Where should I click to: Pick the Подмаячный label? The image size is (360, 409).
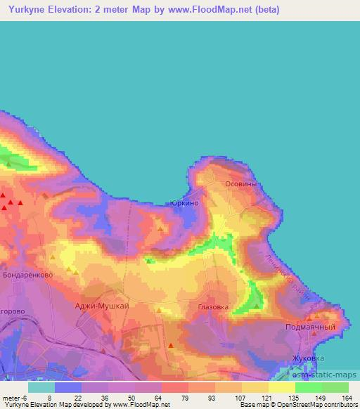click(317, 327)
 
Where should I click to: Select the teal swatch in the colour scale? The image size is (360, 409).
click(41, 387)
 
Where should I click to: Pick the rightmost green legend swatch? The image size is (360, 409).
click(335, 387)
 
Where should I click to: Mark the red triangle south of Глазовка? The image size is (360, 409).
click(171, 344)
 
